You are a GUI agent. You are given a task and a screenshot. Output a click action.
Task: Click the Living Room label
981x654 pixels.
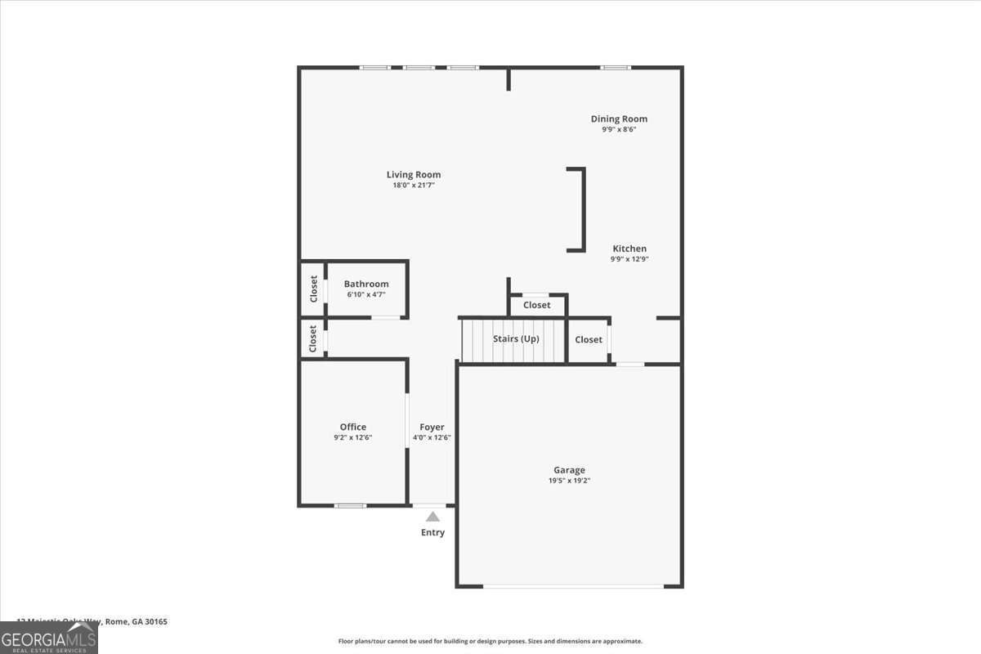414,174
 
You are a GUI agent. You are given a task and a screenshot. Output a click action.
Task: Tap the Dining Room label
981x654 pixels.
619,119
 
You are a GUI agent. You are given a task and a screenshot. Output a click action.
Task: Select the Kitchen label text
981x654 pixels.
629,249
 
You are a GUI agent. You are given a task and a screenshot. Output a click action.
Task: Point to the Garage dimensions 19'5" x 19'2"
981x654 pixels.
569,481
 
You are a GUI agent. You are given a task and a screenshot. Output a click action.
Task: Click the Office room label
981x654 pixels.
353,427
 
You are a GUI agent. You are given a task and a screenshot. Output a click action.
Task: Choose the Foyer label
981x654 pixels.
432,427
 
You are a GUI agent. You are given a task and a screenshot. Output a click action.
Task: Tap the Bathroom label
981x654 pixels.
366,284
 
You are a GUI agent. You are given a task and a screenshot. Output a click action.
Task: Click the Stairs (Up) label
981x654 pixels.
516,338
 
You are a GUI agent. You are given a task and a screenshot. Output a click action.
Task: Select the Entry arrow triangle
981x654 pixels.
432,517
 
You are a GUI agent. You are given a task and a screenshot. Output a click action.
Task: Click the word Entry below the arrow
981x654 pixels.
432,533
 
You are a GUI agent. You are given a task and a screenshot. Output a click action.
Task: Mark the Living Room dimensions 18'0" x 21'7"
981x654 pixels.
414,186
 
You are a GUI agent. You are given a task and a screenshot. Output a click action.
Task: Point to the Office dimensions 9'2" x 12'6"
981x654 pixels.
353,437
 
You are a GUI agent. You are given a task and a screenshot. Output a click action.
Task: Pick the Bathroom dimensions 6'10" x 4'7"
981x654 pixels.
365,294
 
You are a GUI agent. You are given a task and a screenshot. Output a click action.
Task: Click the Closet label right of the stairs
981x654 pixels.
589,339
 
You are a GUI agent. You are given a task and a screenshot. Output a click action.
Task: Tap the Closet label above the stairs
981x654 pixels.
537,305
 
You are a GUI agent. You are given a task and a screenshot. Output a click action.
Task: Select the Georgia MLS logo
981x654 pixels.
49,638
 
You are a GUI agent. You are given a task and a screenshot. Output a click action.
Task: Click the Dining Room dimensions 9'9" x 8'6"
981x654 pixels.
619,129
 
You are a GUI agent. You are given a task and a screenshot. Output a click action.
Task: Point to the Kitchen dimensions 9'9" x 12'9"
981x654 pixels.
629,259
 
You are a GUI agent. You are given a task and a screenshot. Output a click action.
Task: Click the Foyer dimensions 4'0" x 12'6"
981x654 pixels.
432,437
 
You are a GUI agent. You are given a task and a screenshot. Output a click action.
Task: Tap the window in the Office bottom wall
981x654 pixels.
351,505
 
